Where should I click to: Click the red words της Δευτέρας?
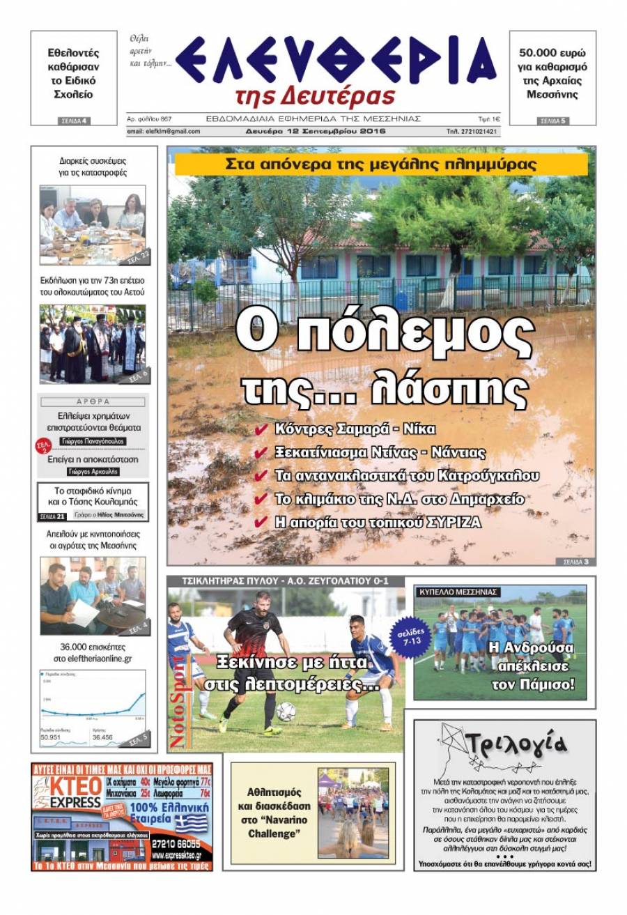pos(315,97)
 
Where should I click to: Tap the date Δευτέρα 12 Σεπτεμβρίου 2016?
pos(315,131)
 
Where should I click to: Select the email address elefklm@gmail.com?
pos(164,131)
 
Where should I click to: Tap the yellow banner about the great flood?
pos(381,165)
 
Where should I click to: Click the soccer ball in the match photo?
pos(286,712)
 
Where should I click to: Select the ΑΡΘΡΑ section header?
pos(92,401)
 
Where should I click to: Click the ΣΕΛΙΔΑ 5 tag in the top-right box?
pos(552,121)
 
